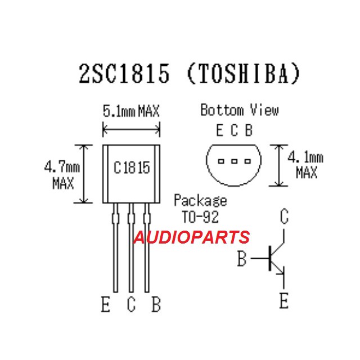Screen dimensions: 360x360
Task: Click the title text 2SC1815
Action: [x=123, y=74]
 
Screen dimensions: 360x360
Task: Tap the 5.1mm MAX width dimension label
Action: [x=131, y=111]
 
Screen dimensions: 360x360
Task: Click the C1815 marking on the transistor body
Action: [x=132, y=168]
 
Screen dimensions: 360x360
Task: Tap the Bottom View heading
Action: [x=239, y=110]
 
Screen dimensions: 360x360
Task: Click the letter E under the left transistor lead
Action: [x=106, y=305]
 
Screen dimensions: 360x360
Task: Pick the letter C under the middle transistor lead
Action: [x=131, y=305]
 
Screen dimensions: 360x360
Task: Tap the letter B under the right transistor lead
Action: [x=156, y=305]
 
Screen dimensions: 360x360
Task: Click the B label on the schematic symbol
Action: [x=242, y=259]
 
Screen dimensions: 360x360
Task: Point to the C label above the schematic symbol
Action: [x=285, y=216]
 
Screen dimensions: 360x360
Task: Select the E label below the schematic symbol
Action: [x=283, y=301]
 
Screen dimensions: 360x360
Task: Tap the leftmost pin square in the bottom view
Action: [x=221, y=161]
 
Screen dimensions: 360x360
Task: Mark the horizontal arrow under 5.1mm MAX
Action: [x=131, y=130]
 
